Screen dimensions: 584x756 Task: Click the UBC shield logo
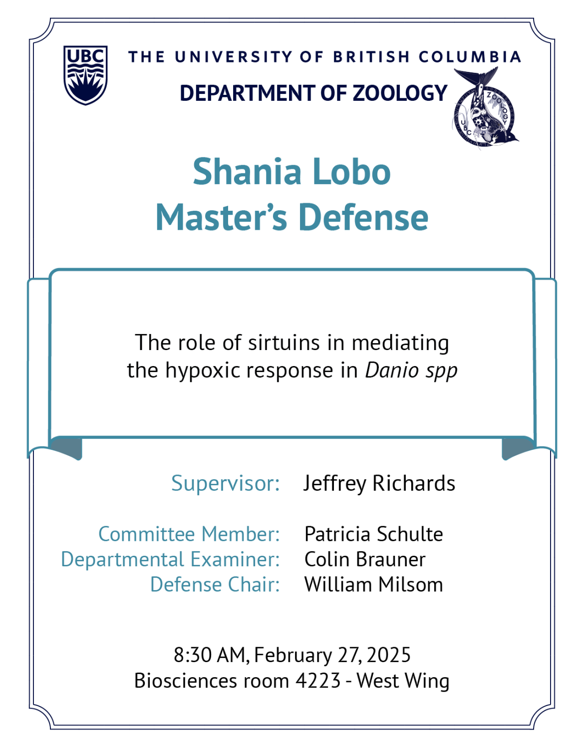point(85,75)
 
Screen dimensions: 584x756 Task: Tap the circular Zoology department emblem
point(486,108)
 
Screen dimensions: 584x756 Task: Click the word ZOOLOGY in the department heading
point(400,93)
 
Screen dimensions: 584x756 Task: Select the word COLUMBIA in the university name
point(470,57)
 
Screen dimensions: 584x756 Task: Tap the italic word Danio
point(392,370)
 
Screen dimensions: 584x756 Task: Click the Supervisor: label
point(226,483)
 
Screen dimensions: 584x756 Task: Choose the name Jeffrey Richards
point(379,483)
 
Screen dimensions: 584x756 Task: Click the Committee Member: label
point(189,534)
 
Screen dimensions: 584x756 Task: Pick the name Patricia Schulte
point(374,534)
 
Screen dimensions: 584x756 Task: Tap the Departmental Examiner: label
point(170,559)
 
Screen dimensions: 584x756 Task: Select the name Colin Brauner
point(365,559)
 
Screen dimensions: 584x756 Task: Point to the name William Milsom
point(374,585)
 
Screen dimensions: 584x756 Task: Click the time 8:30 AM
point(211,655)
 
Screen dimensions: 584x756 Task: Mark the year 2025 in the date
point(389,655)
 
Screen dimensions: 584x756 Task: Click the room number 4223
point(318,681)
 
